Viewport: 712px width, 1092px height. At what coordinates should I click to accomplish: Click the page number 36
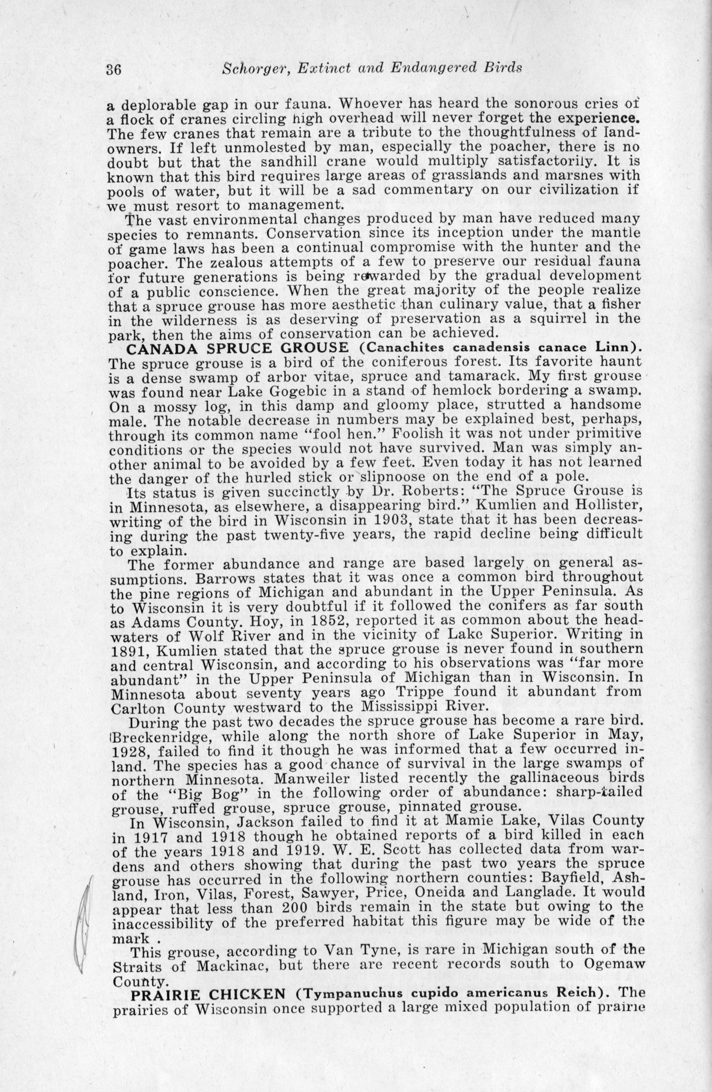tap(113, 70)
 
